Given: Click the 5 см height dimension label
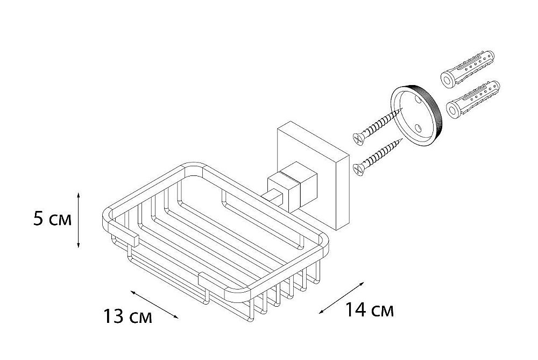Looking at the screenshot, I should (52, 220).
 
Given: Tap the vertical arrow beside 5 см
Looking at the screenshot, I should (79, 220).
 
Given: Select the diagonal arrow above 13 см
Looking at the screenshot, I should (154, 305).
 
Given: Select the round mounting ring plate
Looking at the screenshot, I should (417, 113).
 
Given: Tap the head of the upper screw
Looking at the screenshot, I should (357, 138).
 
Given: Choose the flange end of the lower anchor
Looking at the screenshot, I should (451, 110).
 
